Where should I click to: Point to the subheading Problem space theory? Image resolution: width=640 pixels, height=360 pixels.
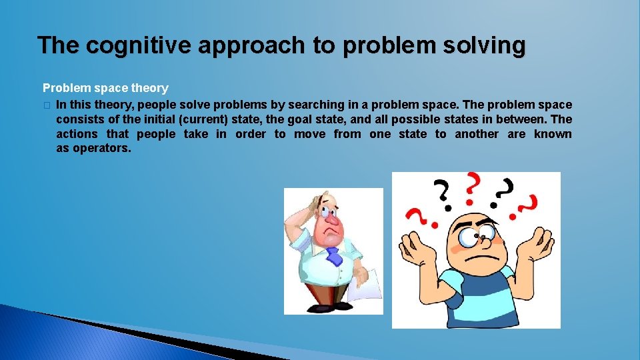pyautogui.click(x=105, y=88)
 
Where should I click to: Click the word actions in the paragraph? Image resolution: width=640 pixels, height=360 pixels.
pyautogui.click(x=77, y=134)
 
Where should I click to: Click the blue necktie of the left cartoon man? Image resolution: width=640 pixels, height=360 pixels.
pyautogui.click(x=333, y=256)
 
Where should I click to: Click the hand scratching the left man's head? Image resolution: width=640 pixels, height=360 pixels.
pyautogui.click(x=297, y=212)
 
